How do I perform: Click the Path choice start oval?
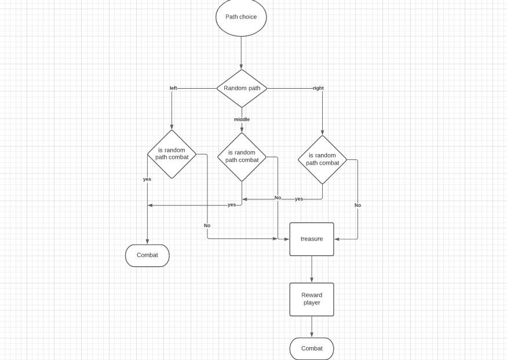[x=241, y=17]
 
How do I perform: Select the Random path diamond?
[x=242, y=88]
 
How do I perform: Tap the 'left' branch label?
[x=173, y=88]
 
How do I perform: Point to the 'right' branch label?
[x=318, y=88]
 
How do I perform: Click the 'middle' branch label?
[x=242, y=119]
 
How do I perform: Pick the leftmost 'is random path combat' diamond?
[x=172, y=154]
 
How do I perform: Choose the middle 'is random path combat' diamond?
[x=242, y=157]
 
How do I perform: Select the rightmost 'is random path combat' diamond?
[x=322, y=159]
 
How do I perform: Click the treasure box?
[x=312, y=239]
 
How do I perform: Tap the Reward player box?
[x=312, y=299]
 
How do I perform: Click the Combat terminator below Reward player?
[x=312, y=348]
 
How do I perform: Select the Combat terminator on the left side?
[x=147, y=255]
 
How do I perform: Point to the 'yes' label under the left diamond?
[x=147, y=179]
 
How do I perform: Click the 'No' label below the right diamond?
[x=358, y=205]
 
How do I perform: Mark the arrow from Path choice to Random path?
[x=241, y=53]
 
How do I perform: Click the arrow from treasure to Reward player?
[x=312, y=269]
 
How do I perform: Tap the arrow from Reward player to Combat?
[x=312, y=327]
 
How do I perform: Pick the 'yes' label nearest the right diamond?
[x=299, y=199]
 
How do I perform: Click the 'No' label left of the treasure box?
[x=207, y=226]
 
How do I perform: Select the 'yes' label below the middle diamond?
[x=232, y=205]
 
